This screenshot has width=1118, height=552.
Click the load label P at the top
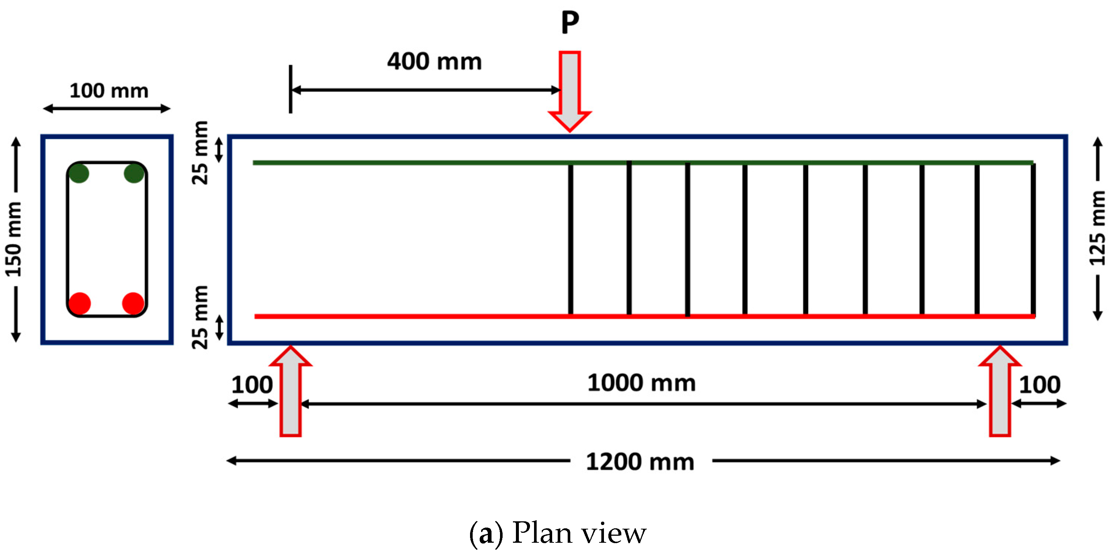click(x=570, y=23)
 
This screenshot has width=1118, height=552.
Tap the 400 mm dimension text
click(x=435, y=61)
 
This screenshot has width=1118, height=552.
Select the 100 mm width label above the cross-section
click(x=109, y=91)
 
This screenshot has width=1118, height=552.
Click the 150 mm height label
click(x=13, y=239)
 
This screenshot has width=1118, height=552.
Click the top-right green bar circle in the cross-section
click(x=134, y=173)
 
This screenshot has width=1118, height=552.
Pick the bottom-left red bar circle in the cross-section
click(x=80, y=303)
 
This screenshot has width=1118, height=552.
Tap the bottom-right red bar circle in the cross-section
click(x=133, y=303)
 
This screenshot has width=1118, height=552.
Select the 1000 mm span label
click(x=641, y=383)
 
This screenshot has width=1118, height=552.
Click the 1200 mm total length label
click(x=640, y=462)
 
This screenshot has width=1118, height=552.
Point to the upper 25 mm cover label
click(x=200, y=153)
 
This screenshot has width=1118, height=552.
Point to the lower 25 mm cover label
click(x=200, y=317)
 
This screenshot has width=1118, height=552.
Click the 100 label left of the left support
click(x=252, y=385)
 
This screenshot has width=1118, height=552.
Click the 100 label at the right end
click(x=1040, y=385)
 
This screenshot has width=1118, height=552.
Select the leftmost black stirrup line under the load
click(x=570, y=239)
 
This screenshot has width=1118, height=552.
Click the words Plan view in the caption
click(x=580, y=532)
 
